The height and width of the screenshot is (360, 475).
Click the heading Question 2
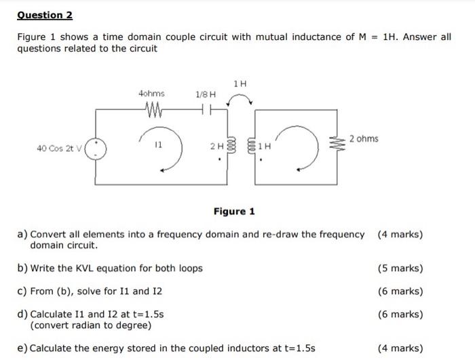pyautogui.click(x=45, y=15)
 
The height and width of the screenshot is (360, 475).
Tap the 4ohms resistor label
pyautogui.click(x=151, y=93)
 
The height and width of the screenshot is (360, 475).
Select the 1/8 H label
pyautogui.click(x=205, y=94)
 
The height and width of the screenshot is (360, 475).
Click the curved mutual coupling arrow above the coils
pyautogui.click(x=239, y=100)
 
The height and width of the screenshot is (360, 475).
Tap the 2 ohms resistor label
pyautogui.click(x=364, y=138)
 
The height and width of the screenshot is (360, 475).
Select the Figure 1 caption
pyautogui.click(x=234, y=212)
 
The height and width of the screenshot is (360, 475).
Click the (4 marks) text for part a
pyautogui.click(x=400, y=235)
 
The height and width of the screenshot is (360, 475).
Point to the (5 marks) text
pyautogui.click(x=400, y=268)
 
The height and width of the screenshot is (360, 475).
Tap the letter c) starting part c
pyautogui.click(x=22, y=291)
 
